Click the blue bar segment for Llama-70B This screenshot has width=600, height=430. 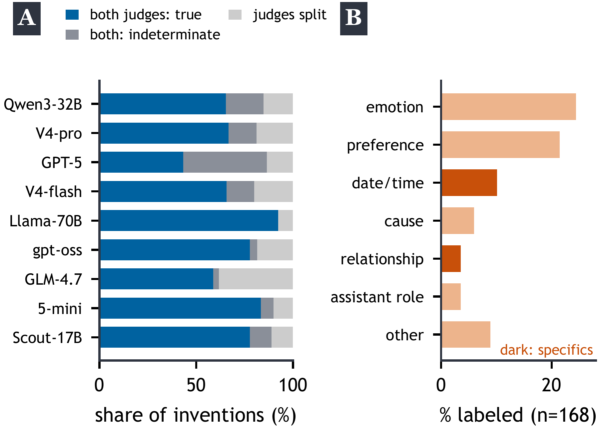point(189,220)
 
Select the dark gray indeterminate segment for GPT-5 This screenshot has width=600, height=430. point(225,162)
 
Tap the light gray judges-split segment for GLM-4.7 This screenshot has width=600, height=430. point(256,279)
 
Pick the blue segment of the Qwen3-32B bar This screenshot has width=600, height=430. point(163,104)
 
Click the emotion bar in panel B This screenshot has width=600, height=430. point(509,107)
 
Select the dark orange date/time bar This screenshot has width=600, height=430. point(469,183)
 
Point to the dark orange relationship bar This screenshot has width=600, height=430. point(451,259)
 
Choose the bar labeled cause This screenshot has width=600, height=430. point(458,221)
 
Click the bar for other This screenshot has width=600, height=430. point(466,334)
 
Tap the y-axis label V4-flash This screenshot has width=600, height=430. point(54,192)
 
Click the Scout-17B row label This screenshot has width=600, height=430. point(47,338)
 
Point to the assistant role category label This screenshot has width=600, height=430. point(377,297)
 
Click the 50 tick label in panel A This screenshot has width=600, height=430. point(196,385)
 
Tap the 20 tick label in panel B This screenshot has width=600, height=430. point(551,385)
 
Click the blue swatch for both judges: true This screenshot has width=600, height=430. point(72,15)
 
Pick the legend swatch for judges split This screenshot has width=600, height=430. point(235,15)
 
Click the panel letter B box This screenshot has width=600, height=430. point(354,19)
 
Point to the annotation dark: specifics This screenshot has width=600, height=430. point(546,350)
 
